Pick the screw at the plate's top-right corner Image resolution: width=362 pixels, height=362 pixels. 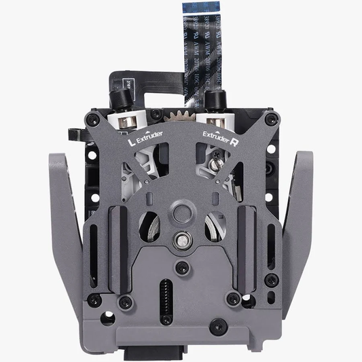(x=272, y=120)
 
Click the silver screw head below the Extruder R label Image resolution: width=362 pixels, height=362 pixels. (x=215, y=163)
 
